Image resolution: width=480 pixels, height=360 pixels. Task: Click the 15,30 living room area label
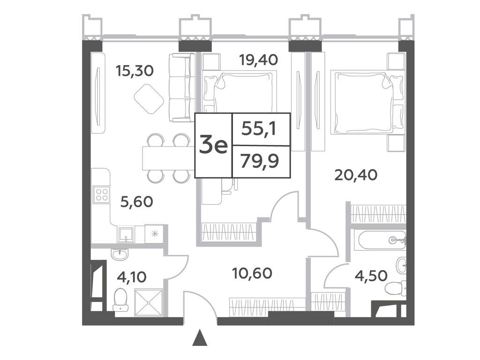click(x=135, y=71)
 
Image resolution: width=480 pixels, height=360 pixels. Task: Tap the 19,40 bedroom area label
click(x=259, y=60)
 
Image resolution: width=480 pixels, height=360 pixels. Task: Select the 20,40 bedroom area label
click(x=356, y=175)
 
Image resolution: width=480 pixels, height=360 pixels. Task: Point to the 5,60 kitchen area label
click(x=137, y=202)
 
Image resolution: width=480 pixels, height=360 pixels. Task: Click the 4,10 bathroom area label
click(x=132, y=277)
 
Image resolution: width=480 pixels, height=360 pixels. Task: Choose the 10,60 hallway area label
click(x=252, y=273)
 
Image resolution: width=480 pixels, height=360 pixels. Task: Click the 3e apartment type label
click(x=214, y=146)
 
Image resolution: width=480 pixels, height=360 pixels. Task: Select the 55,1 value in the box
click(x=259, y=128)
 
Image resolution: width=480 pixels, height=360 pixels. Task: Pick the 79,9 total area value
click(x=260, y=161)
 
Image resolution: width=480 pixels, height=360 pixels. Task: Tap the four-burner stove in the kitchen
click(x=102, y=194)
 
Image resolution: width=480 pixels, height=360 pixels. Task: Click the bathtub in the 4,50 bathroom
click(x=380, y=240)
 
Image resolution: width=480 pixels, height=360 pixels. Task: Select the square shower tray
click(x=149, y=302)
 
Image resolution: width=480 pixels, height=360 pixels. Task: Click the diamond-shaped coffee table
click(x=149, y=99)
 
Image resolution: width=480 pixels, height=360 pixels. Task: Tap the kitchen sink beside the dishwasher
click(x=126, y=235)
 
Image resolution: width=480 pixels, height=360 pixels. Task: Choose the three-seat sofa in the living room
click(x=182, y=88)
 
